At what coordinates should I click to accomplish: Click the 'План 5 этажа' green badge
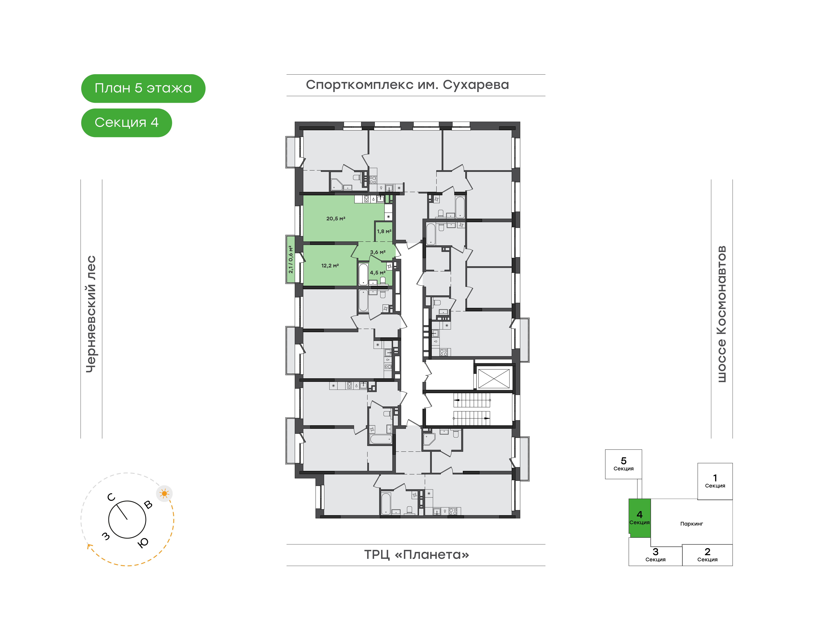pyautogui.click(x=143, y=88)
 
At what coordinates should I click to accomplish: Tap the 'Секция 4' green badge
pyautogui.click(x=127, y=123)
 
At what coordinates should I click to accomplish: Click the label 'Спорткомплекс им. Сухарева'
pyautogui.click(x=407, y=85)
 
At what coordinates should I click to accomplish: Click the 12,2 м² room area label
pyautogui.click(x=330, y=266)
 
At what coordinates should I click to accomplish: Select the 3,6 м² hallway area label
pyautogui.click(x=378, y=252)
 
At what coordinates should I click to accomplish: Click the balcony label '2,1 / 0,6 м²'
pyautogui.click(x=291, y=259)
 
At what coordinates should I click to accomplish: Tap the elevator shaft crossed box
pyautogui.click(x=494, y=378)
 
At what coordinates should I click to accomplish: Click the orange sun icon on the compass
pyautogui.click(x=164, y=493)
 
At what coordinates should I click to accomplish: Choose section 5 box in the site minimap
pyautogui.click(x=623, y=464)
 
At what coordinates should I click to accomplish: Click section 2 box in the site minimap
pyautogui.click(x=707, y=555)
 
